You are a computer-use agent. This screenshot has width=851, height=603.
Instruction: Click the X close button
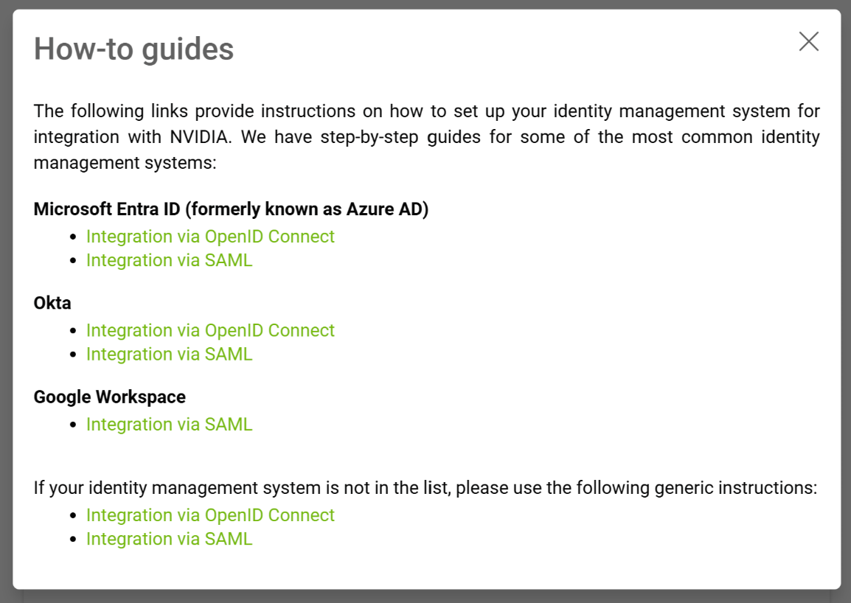[x=809, y=42]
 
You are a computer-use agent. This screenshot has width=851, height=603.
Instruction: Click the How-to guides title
[x=134, y=49]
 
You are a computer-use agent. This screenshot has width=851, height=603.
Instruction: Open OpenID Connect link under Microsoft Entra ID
[x=210, y=237]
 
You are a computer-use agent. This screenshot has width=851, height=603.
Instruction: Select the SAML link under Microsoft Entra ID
[x=169, y=260]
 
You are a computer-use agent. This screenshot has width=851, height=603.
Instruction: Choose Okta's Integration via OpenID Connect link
[x=210, y=330]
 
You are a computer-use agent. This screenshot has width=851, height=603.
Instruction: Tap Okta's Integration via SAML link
[x=169, y=354]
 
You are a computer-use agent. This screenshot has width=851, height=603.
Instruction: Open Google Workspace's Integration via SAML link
[x=169, y=425]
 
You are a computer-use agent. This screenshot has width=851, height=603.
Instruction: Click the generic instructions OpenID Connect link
[x=210, y=515]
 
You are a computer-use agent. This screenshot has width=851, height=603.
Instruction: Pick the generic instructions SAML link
[x=169, y=539]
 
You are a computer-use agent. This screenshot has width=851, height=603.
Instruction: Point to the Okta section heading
[x=52, y=303]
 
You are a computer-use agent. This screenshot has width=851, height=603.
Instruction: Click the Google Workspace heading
[x=110, y=397]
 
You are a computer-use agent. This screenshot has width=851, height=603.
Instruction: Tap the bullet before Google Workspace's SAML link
[x=73, y=425]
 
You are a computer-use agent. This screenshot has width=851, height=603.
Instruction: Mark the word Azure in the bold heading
[x=368, y=209]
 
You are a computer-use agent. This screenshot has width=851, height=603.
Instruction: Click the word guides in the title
[x=189, y=49]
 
